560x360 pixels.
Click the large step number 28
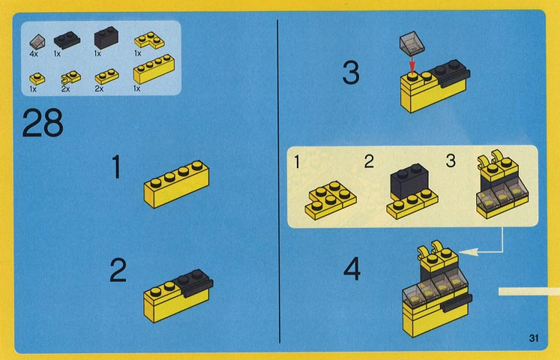(x=43, y=123)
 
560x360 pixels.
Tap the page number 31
(x=534, y=337)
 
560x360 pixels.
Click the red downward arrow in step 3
(x=412, y=64)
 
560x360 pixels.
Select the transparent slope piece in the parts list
(x=37, y=42)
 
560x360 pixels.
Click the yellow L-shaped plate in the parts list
(x=149, y=40)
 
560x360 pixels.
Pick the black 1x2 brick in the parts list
(x=106, y=37)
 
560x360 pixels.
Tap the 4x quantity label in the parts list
(x=34, y=54)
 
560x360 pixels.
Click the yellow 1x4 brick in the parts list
(x=154, y=69)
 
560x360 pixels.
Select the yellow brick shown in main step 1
(x=176, y=184)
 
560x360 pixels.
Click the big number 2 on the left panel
(x=118, y=270)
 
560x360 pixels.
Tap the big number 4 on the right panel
(x=352, y=269)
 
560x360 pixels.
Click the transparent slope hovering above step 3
(x=412, y=43)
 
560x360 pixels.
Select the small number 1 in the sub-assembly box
(x=297, y=162)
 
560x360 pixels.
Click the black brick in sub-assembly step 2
(x=409, y=181)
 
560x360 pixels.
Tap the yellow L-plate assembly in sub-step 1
(x=331, y=200)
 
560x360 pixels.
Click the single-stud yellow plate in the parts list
(x=37, y=79)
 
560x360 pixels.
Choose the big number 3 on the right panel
(x=351, y=73)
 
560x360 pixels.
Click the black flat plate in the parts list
(x=67, y=40)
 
